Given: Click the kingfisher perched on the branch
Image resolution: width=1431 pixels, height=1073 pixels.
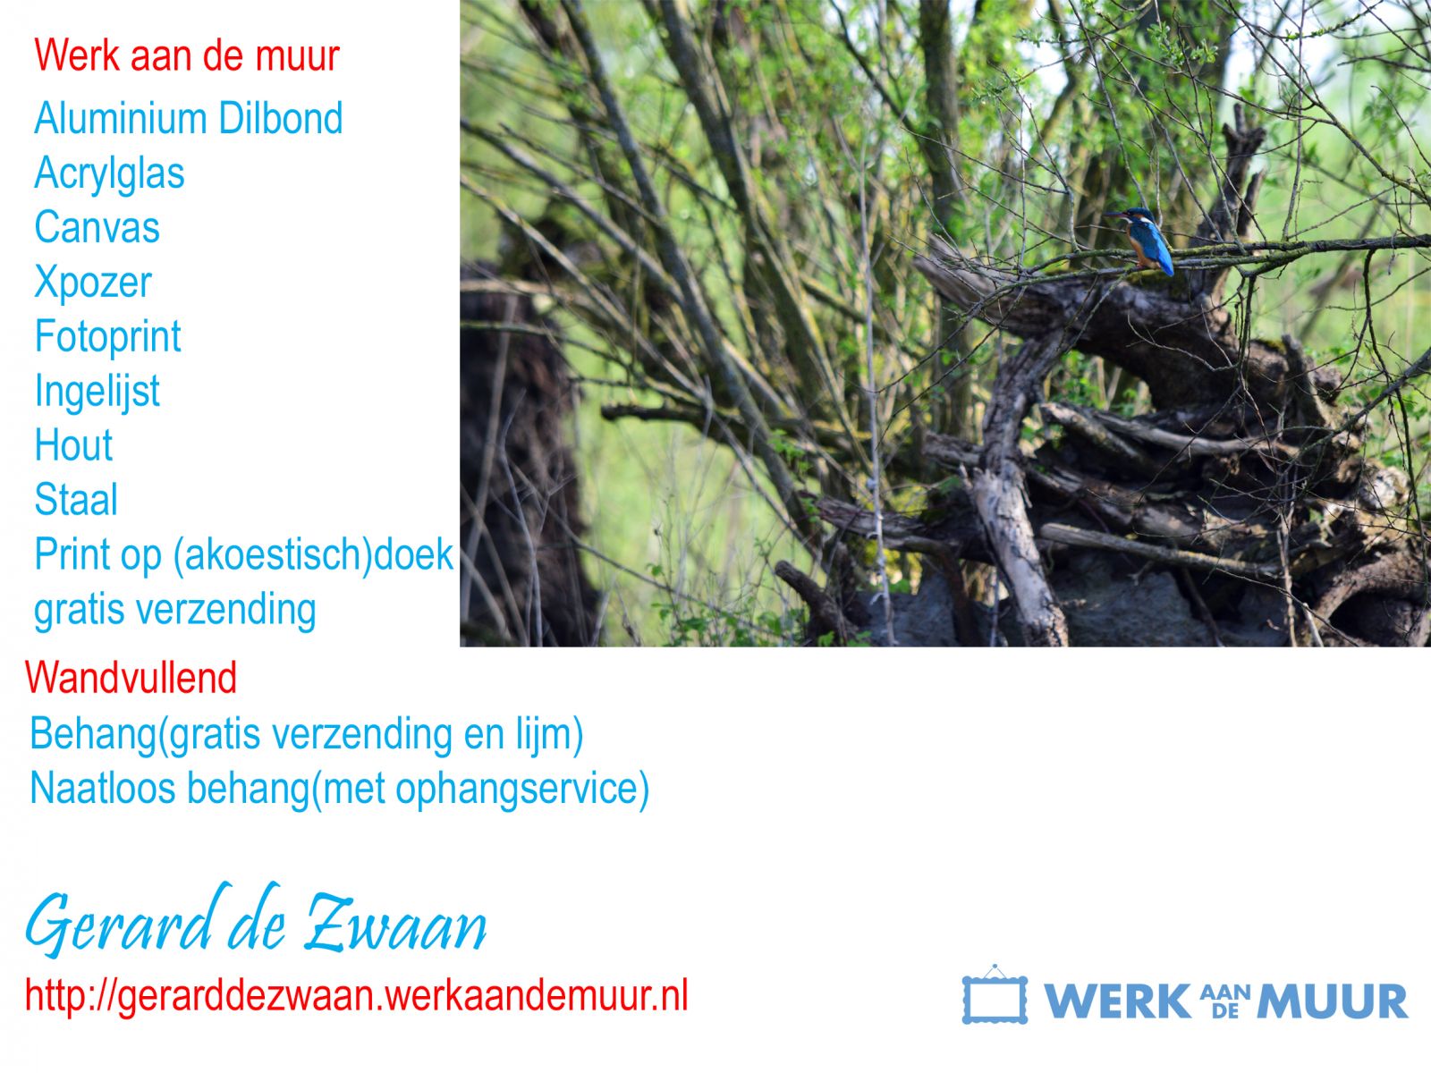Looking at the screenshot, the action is tap(1146, 241).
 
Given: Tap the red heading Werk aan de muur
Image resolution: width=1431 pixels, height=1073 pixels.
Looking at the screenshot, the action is tap(187, 55).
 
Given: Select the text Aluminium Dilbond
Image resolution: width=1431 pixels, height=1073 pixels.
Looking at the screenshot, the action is tap(189, 118).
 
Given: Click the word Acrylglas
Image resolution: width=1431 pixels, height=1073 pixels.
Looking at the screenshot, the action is tap(109, 174).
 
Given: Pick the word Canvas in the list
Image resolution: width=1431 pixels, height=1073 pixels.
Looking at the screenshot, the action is tap(97, 227).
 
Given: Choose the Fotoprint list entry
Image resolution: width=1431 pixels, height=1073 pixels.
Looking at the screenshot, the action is tap(108, 337).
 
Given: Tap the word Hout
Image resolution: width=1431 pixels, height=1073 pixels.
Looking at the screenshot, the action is tap(73, 445).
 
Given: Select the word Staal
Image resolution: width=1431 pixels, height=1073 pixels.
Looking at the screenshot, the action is tap(76, 500).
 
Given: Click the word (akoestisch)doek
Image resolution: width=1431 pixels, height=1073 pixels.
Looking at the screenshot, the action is tap(313, 555).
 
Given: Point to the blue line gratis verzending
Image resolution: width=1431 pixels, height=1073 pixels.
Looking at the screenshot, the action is tap(175, 611).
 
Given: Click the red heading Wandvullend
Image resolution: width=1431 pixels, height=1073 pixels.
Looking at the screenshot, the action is tap(131, 678).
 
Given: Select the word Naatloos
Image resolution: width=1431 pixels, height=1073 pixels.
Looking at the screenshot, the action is tap(103, 789).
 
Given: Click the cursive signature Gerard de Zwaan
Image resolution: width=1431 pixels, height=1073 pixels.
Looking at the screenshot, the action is tap(256, 920).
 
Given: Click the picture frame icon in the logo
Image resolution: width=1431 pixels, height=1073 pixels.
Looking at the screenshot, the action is tap(995, 994).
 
